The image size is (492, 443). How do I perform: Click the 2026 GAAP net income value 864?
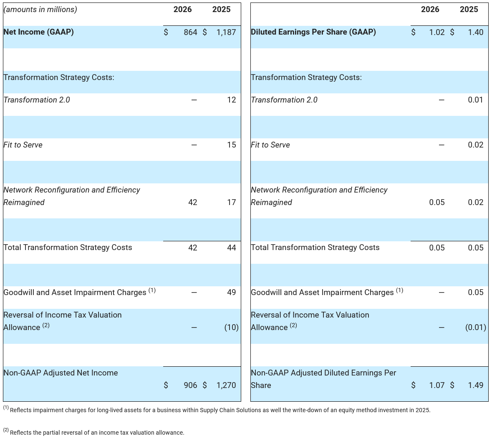click(190, 32)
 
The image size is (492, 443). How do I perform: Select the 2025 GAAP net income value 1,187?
click(226, 32)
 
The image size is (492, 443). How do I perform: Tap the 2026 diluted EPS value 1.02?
click(437, 32)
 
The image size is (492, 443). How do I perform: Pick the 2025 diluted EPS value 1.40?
click(475, 32)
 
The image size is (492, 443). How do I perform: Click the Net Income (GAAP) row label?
click(38, 32)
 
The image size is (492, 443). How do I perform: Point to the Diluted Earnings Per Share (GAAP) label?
click(313, 32)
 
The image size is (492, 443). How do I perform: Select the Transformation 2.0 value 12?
click(232, 100)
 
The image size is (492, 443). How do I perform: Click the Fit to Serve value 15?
click(232, 145)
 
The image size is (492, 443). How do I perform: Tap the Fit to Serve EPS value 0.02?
click(475, 145)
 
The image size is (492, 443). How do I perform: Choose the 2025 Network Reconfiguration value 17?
click(232, 202)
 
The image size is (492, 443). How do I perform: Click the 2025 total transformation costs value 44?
click(232, 248)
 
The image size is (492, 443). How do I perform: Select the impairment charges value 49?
click(232, 293)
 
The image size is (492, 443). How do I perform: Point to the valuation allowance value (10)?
click(231, 328)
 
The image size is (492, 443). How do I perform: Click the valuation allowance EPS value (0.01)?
click(475, 328)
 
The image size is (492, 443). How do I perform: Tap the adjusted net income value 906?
click(190, 385)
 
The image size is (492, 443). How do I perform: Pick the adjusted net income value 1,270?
click(226, 385)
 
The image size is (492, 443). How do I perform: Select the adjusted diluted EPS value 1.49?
click(475, 385)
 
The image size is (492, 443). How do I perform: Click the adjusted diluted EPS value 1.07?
click(437, 385)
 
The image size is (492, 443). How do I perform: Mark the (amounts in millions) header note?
click(40, 9)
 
